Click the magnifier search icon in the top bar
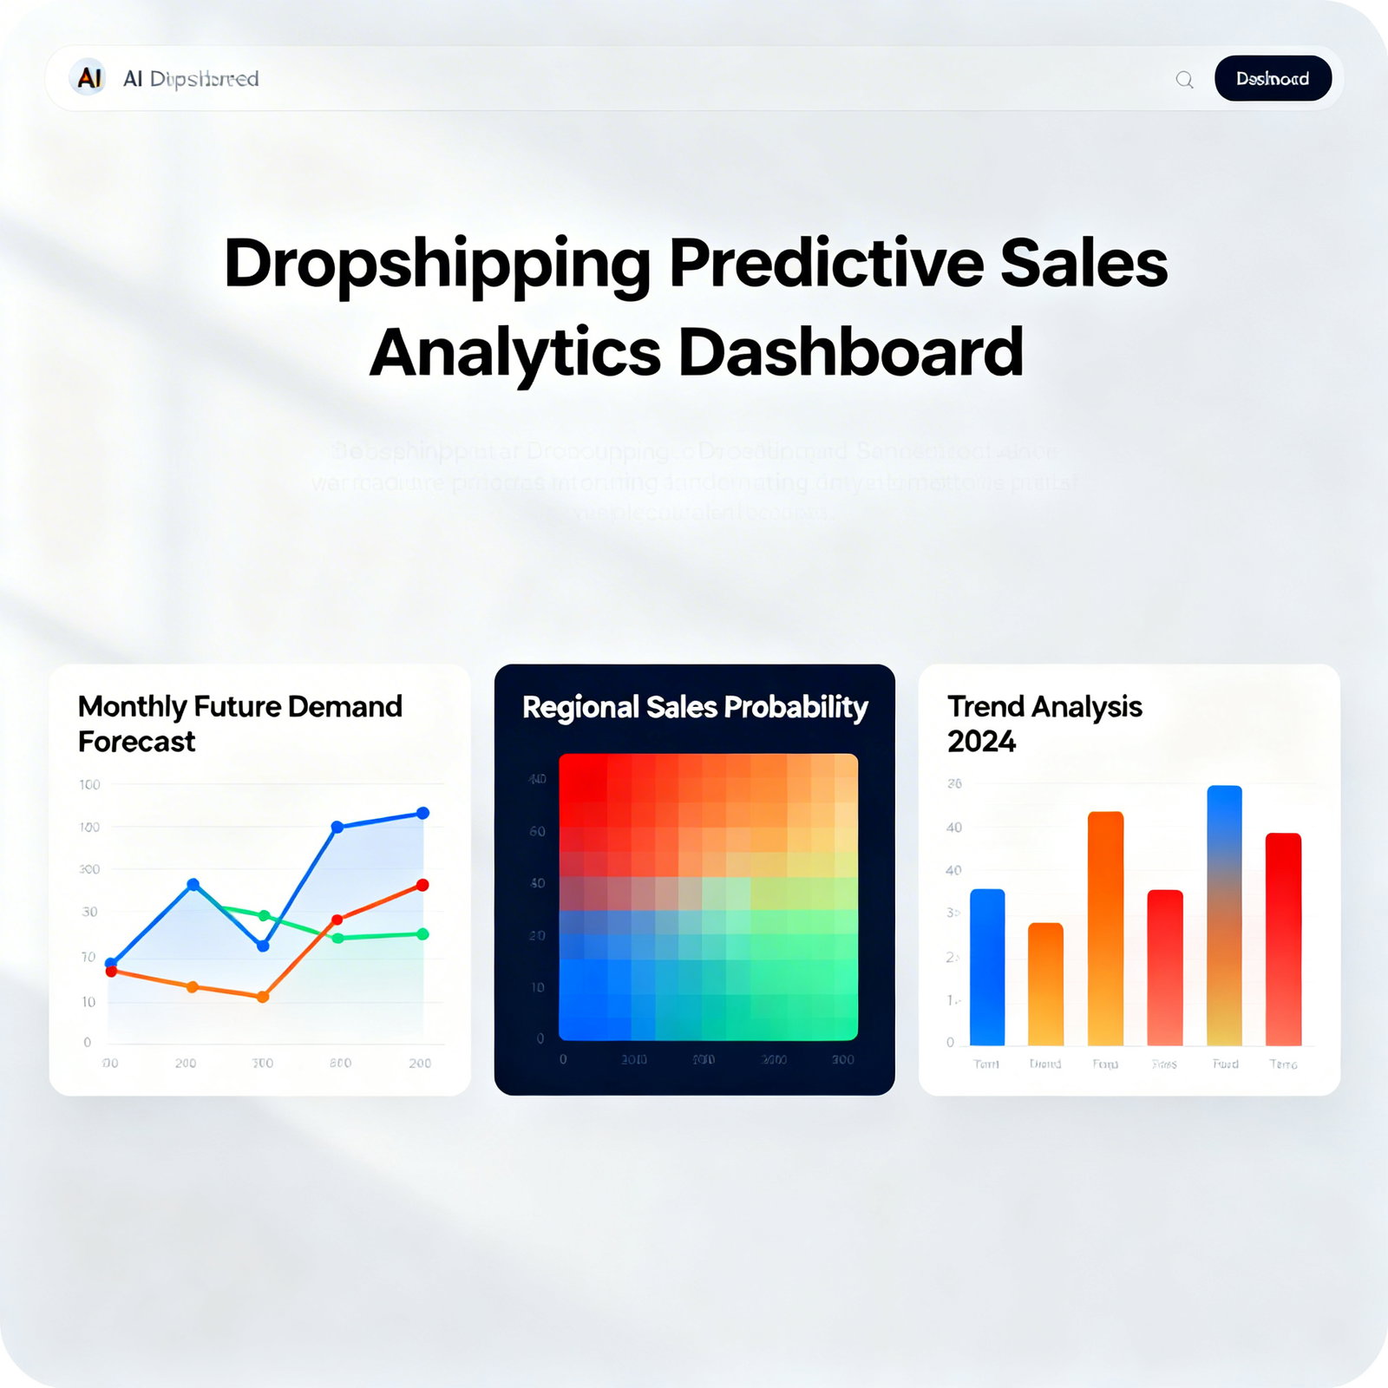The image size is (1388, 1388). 1184,80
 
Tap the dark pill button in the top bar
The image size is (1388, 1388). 1273,79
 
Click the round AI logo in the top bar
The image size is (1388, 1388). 88,78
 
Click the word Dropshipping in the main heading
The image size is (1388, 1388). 436,265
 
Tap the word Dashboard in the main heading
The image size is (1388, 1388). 850,353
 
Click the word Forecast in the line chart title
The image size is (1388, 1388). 136,742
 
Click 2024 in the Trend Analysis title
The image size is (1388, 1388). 981,742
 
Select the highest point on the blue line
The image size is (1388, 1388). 422,813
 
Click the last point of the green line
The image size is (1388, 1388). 422,934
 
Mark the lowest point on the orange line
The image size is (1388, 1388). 263,997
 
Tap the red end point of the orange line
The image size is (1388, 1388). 422,885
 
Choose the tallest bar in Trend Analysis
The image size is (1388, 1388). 1224,915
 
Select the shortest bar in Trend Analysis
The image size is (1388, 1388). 1045,984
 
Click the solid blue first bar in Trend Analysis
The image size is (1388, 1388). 987,967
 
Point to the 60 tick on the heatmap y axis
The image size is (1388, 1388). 537,832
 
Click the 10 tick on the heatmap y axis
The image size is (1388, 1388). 537,988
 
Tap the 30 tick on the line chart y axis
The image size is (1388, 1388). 89,912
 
